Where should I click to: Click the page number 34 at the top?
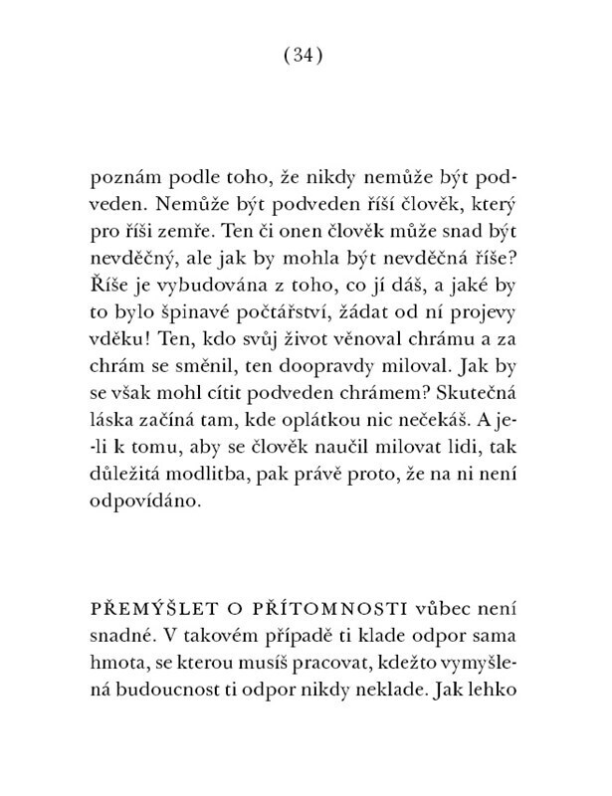pyautogui.click(x=305, y=57)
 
